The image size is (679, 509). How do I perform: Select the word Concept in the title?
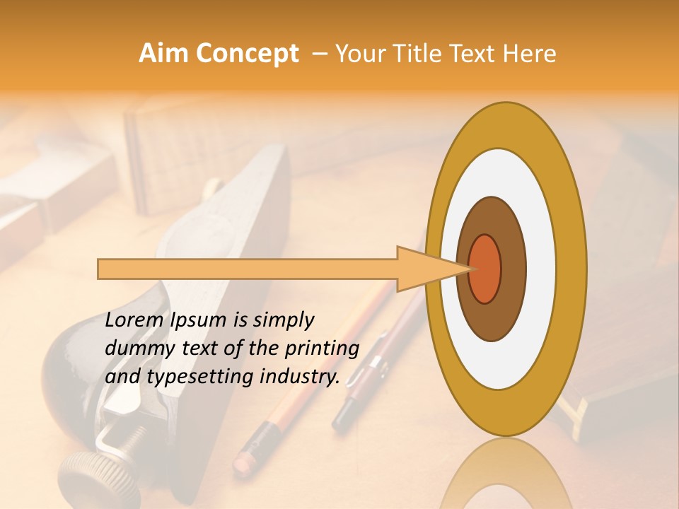tap(246, 54)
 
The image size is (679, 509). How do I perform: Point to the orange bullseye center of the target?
tap(485, 269)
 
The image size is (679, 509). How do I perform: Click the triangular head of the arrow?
tap(424, 269)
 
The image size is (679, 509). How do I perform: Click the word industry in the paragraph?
tap(300, 377)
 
